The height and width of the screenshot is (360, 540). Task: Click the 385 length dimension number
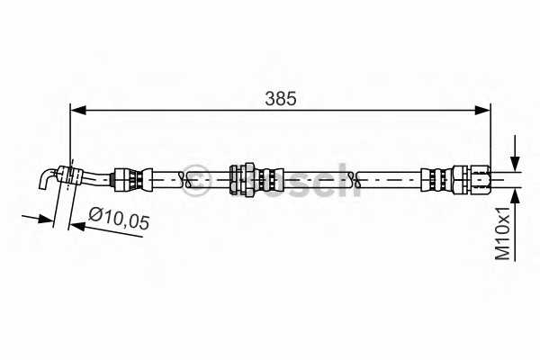pos(280,98)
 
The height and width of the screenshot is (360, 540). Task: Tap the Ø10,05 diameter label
pos(119,218)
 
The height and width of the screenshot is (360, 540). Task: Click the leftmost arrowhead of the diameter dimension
pos(46,216)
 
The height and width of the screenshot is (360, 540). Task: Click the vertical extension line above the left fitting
pos(70,135)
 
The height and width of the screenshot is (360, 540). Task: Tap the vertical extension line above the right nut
pos(490,135)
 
